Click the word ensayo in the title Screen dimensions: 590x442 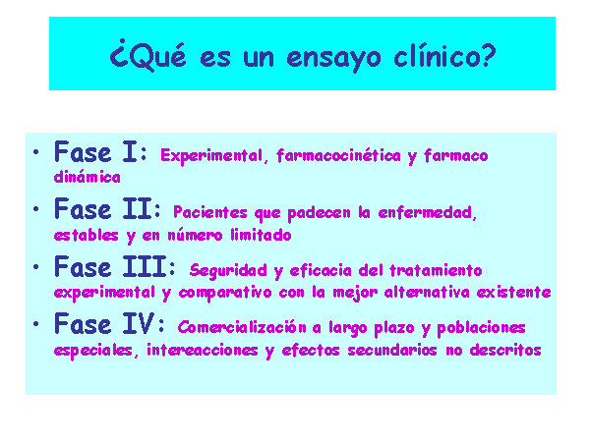pos(333,58)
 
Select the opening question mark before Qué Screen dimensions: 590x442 pos(119,53)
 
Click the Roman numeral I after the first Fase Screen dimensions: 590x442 pos(130,152)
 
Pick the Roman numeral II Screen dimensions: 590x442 pos(138,209)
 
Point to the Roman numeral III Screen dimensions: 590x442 pos(145,266)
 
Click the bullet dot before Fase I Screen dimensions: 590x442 pos(36,152)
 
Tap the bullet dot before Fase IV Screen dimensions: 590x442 pos(36,323)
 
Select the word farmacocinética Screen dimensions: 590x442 pos(338,155)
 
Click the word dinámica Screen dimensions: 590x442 pos(88,177)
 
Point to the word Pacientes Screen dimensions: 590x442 pos(210,212)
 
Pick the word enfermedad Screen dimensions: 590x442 pos(428,213)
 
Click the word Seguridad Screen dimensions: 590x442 pos(228,271)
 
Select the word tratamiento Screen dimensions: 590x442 pos(436,270)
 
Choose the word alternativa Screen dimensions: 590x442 pos(427,292)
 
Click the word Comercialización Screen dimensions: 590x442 pos(242,327)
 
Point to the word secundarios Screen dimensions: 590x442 pos(392,350)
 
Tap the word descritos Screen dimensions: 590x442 pos(505,350)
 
